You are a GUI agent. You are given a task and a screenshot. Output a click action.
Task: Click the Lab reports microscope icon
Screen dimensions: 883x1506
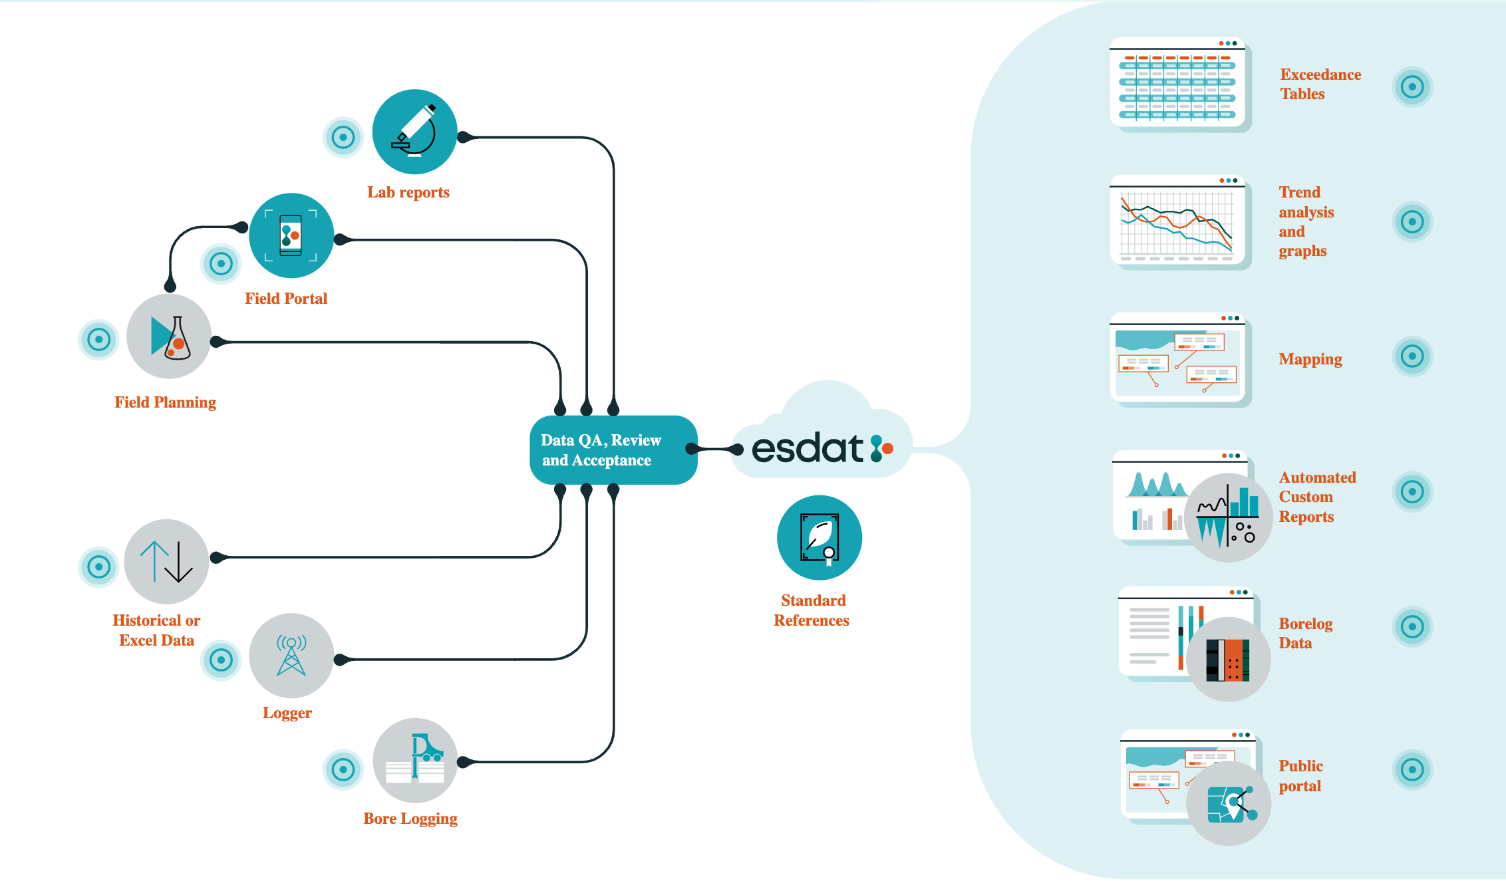click(414, 132)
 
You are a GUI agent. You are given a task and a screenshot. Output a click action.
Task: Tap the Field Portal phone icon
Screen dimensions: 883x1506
click(291, 235)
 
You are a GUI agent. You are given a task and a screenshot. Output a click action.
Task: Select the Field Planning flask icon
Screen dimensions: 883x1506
click(169, 336)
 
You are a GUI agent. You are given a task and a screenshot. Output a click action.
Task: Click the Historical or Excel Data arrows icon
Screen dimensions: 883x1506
click(166, 561)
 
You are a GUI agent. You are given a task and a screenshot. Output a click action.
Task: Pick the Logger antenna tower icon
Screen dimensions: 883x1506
click(291, 656)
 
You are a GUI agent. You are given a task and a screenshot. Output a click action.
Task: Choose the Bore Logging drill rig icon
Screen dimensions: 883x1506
click(415, 760)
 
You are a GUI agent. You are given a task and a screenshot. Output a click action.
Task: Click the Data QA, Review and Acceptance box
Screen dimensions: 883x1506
click(613, 450)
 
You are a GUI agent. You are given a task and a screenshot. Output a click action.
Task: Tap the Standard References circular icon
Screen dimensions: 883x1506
click(819, 537)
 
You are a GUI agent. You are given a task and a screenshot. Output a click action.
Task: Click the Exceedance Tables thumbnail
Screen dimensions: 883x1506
click(1177, 83)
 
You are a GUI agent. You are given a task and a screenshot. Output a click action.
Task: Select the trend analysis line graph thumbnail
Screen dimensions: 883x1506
click(1177, 221)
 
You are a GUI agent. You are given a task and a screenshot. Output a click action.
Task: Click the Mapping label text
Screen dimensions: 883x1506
click(1310, 359)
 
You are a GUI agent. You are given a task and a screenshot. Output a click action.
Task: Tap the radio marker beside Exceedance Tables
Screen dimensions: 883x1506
click(1412, 86)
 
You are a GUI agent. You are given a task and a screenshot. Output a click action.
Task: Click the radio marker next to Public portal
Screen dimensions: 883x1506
click(1412, 770)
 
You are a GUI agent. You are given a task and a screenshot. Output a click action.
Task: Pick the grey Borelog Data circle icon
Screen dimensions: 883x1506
click(1228, 659)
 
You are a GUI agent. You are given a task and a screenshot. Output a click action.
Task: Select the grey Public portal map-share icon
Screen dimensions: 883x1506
click(1229, 803)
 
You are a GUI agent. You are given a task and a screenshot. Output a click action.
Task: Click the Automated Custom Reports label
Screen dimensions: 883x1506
click(1316, 497)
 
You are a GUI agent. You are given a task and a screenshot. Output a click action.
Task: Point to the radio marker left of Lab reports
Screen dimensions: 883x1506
click(343, 138)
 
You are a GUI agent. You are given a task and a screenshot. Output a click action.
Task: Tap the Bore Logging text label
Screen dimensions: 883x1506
click(410, 819)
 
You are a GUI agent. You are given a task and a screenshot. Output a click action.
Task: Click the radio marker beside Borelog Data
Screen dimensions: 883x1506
click(1412, 626)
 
